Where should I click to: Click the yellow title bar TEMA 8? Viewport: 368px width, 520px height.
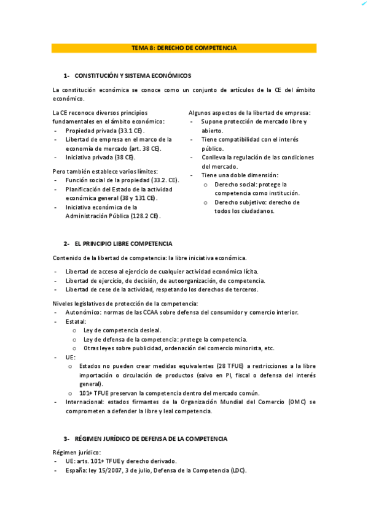[x=184, y=48]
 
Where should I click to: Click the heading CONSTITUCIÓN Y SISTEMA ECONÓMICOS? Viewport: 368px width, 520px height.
[x=133, y=75]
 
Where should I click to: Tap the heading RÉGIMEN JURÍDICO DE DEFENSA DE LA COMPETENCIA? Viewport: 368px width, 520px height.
[x=151, y=438]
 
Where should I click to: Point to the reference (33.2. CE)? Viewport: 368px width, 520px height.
[x=165, y=180]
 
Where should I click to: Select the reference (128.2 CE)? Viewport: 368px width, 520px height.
[x=145, y=216]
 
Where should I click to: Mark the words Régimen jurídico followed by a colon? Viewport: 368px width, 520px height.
[x=74, y=452]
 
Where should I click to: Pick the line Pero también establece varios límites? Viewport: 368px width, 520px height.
[x=105, y=171]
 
